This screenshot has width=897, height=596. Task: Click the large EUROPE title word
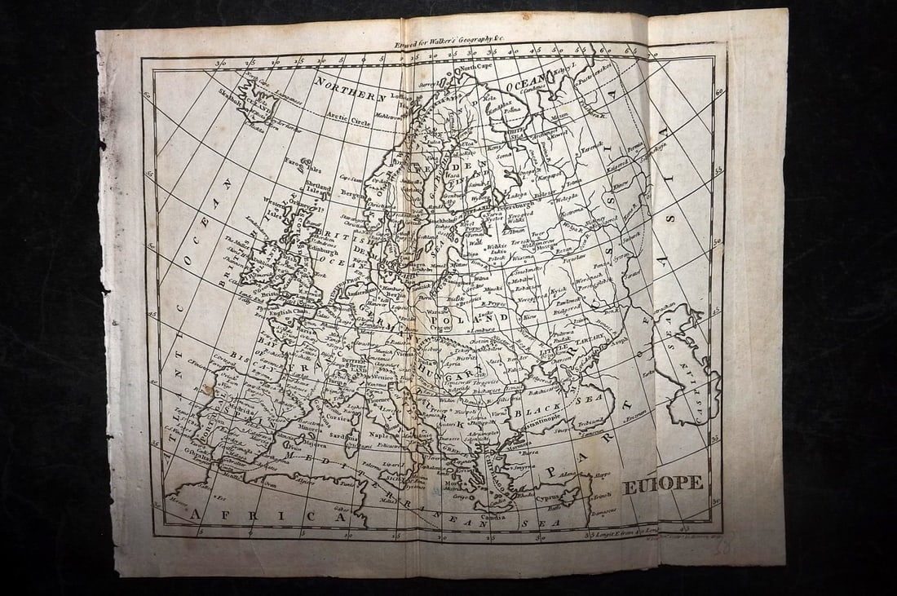click(x=663, y=483)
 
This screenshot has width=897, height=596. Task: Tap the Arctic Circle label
click(x=349, y=121)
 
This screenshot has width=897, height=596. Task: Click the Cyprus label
click(x=548, y=496)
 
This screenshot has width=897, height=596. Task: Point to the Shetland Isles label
click(x=320, y=189)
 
